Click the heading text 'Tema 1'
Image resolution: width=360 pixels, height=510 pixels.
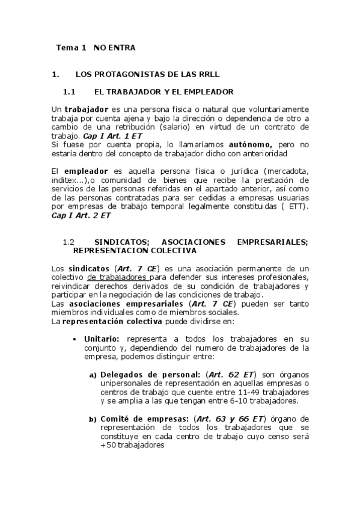click(72, 47)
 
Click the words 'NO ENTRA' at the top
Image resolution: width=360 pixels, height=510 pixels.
click(114, 47)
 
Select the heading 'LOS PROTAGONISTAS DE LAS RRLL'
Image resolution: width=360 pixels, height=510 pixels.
click(148, 75)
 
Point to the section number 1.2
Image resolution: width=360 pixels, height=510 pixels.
click(68, 242)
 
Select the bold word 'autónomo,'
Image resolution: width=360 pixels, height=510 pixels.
click(250, 144)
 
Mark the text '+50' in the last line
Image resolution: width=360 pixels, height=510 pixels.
click(108, 446)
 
